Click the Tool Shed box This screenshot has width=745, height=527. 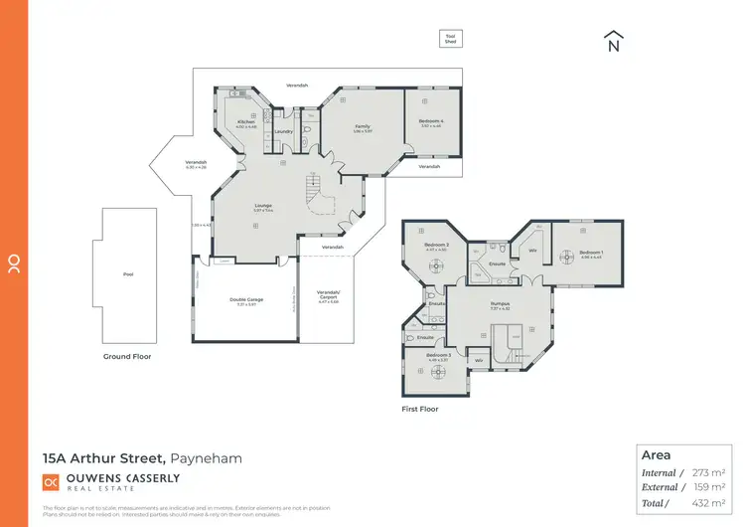point(451,39)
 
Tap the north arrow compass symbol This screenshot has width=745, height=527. point(613,42)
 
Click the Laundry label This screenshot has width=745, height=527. point(282,131)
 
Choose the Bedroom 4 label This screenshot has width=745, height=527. point(431,121)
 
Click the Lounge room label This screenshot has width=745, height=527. point(263,206)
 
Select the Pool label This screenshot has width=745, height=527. point(127,274)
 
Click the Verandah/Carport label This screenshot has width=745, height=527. point(328,296)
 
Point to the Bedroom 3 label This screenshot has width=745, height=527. point(437,245)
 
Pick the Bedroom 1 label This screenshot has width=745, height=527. point(590,253)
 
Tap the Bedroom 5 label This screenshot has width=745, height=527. point(439,355)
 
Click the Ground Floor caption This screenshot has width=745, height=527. point(127,356)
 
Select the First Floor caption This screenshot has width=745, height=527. point(420,409)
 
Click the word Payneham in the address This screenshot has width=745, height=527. point(207,458)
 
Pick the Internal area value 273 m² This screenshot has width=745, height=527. point(710,473)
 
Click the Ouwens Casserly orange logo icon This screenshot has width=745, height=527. point(51,482)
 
